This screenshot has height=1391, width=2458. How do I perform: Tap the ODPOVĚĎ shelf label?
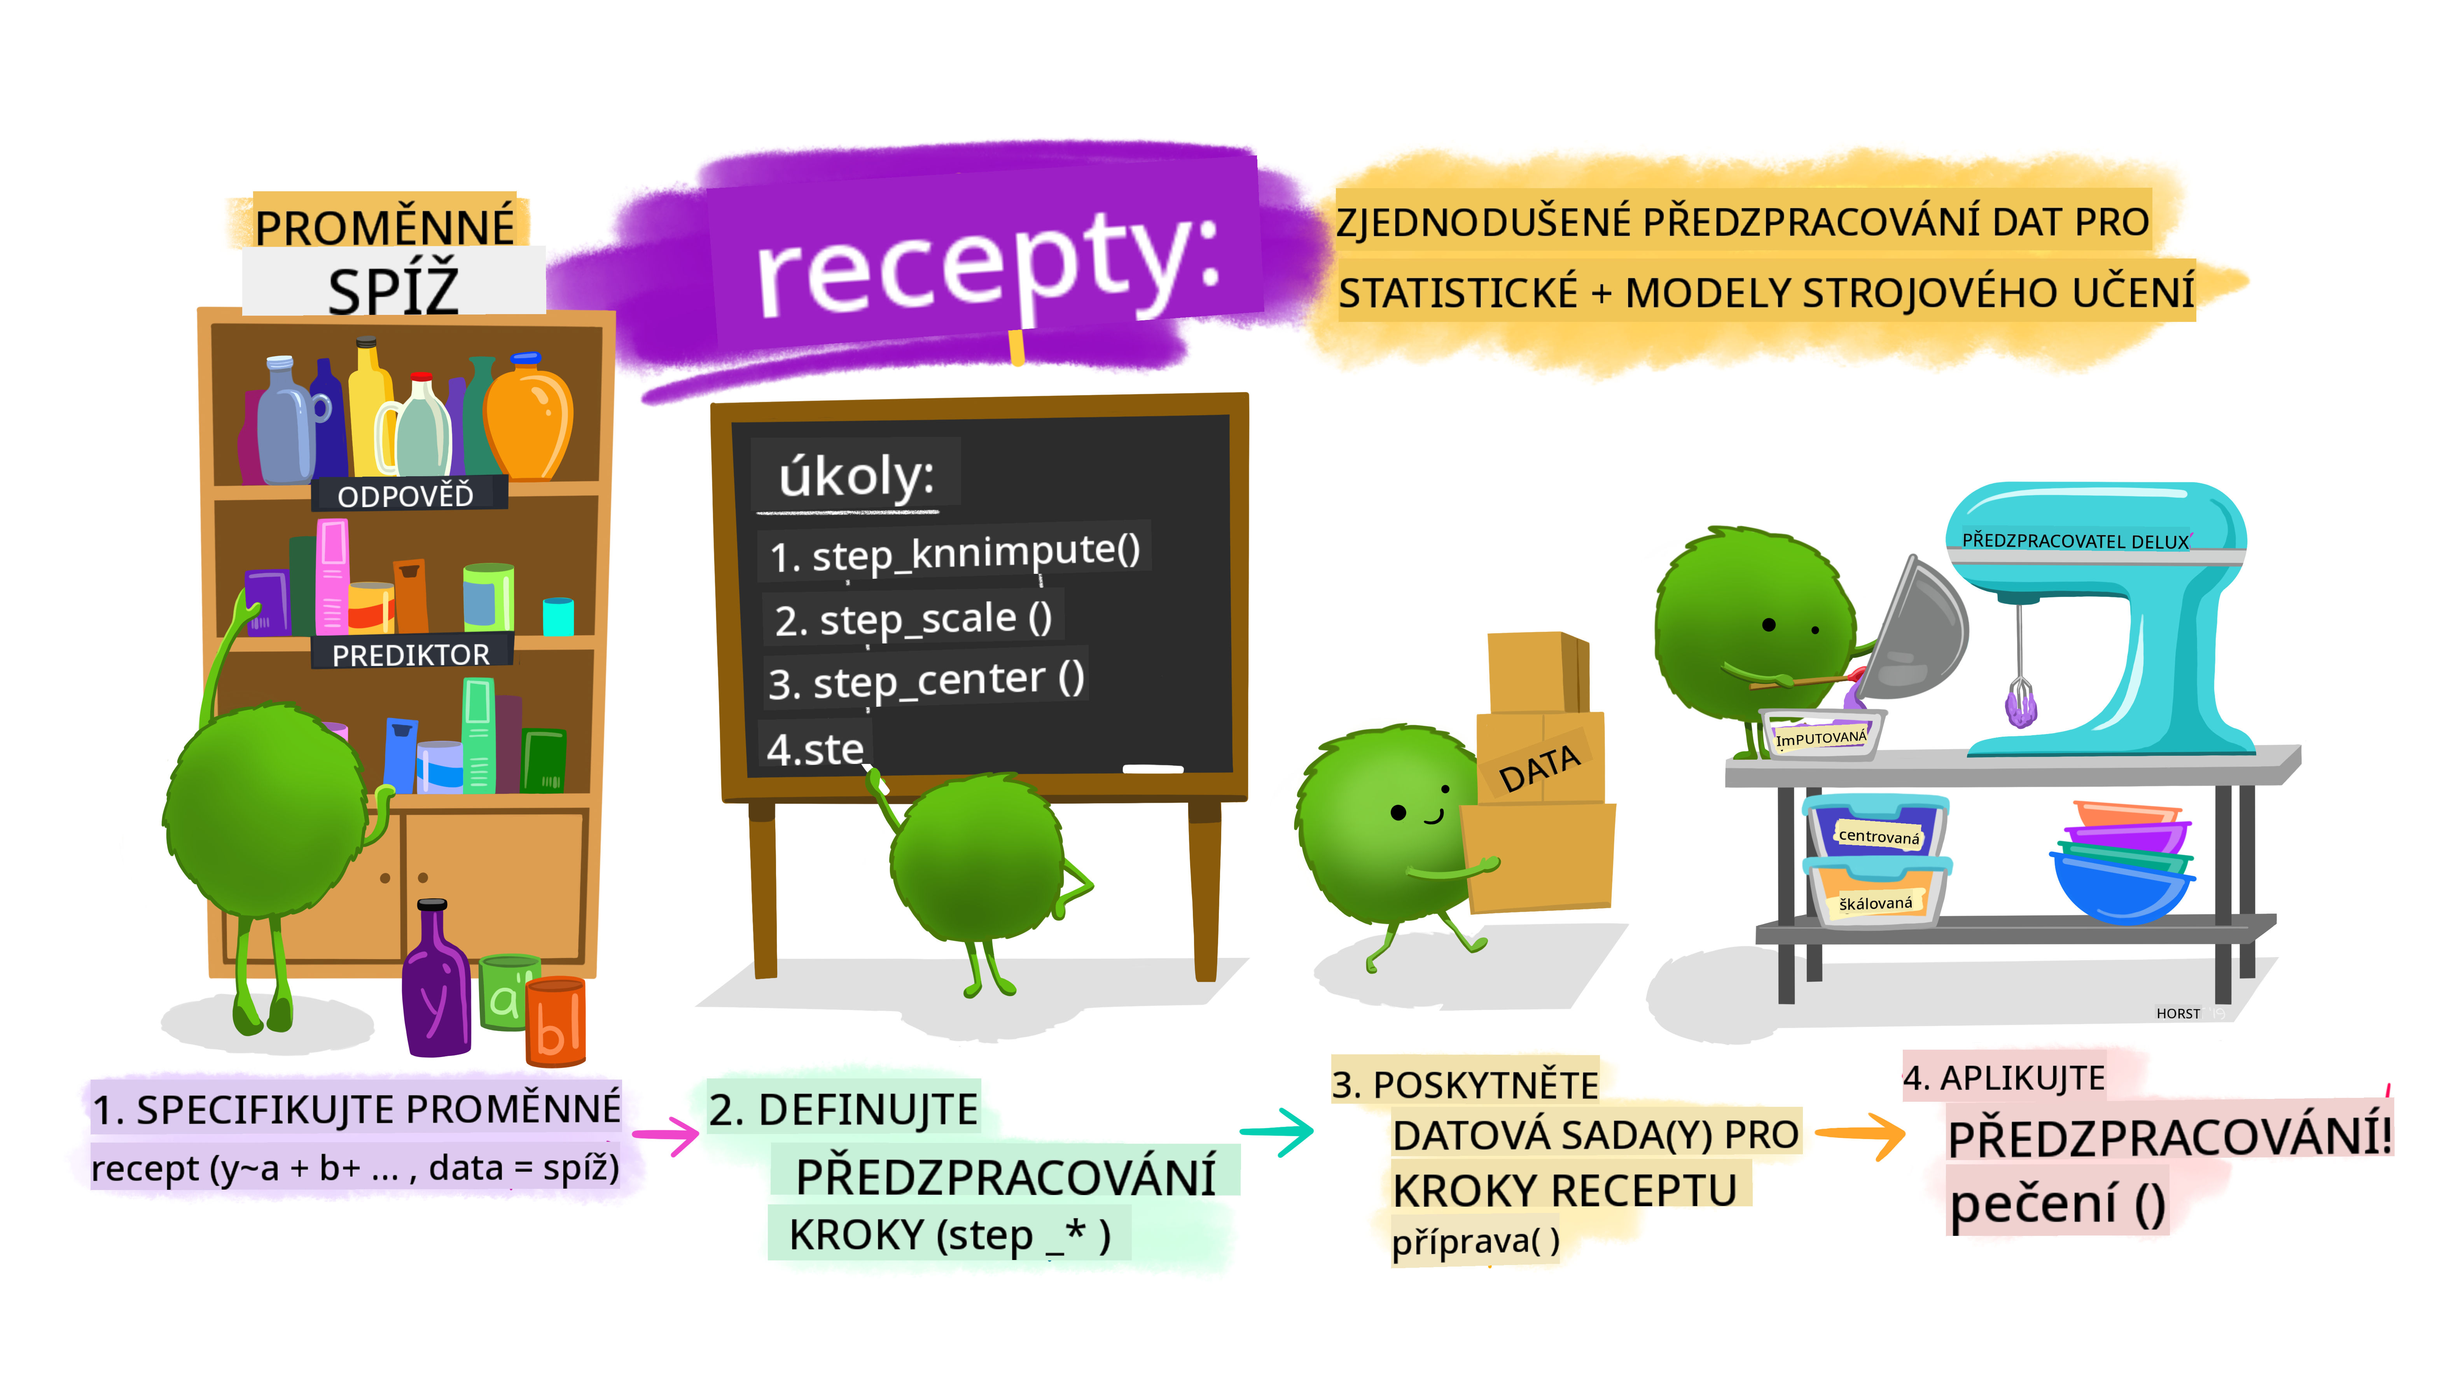coord(406,495)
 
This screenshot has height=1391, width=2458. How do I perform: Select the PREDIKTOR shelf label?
coord(411,654)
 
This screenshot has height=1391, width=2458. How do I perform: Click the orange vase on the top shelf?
coord(528,418)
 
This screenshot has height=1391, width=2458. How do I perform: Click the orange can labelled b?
coord(556,1022)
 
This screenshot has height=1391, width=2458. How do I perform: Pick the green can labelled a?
coord(504,994)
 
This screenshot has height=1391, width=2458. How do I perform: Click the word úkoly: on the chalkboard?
coord(856,475)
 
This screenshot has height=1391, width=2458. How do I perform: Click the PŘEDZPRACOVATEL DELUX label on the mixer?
coord(2075,541)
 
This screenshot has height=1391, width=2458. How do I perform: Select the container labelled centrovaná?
coord(1876,831)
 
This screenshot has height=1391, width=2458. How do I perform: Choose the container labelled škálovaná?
coord(1876,898)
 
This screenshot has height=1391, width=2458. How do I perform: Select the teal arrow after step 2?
coord(1277,1132)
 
